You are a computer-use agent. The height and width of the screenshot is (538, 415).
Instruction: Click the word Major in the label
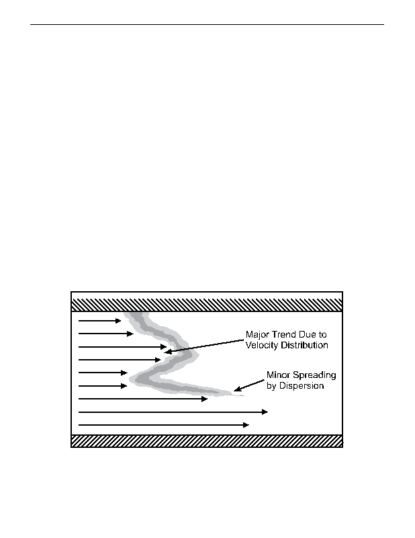[255, 334]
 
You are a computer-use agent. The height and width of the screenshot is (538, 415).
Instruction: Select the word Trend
[277, 334]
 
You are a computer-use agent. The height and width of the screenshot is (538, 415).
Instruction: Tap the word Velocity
[262, 345]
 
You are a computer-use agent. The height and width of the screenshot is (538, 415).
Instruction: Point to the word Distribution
[304, 345]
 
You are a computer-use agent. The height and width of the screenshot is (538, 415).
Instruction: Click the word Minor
[277, 375]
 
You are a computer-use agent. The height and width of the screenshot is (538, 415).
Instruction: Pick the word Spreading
[313, 375]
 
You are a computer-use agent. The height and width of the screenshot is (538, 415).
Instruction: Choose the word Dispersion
[302, 386]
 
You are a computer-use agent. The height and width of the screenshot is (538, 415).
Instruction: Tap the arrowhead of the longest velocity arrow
[265, 412]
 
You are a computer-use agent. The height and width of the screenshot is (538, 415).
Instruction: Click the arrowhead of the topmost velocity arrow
[118, 321]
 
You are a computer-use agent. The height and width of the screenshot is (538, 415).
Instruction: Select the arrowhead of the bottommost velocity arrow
[246, 425]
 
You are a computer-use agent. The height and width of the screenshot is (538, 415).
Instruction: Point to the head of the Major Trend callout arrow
[167, 352]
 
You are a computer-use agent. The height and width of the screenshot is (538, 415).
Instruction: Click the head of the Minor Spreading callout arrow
[237, 389]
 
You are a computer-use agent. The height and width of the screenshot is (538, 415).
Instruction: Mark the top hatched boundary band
[207, 305]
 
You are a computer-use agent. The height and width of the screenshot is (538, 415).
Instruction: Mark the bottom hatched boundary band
[207, 441]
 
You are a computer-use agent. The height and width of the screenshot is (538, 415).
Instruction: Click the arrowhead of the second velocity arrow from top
[130, 334]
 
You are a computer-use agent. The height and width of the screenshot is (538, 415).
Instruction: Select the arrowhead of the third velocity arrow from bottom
[205, 399]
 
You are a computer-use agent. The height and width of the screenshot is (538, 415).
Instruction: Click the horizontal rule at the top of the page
[207, 24]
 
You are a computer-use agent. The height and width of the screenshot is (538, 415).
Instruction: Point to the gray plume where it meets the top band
[136, 313]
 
